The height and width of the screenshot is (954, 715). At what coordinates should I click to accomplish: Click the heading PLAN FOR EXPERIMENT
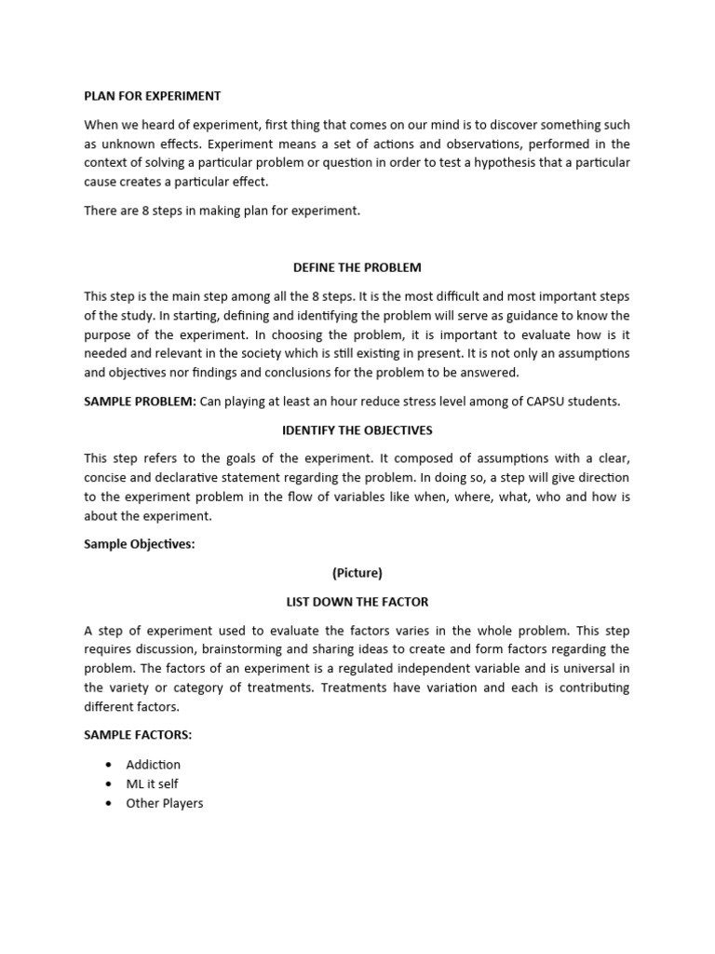click(153, 96)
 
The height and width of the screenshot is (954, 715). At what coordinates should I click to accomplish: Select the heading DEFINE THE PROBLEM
click(357, 267)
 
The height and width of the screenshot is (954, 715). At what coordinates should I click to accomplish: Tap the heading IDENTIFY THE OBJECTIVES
click(357, 430)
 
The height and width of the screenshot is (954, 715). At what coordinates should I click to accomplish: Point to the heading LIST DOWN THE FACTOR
click(357, 602)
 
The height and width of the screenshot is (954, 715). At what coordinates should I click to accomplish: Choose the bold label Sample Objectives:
click(140, 544)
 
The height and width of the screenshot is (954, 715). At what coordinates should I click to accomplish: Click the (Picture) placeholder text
click(357, 573)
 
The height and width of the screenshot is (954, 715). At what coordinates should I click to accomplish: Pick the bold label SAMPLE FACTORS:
click(138, 735)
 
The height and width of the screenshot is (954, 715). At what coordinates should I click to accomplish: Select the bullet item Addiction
click(154, 765)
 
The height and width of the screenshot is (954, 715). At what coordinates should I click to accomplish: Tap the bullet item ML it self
click(152, 784)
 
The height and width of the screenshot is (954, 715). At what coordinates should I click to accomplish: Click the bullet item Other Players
click(165, 803)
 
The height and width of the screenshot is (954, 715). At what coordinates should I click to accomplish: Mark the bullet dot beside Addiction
click(108, 765)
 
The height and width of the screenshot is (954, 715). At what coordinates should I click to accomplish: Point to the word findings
click(247, 373)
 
